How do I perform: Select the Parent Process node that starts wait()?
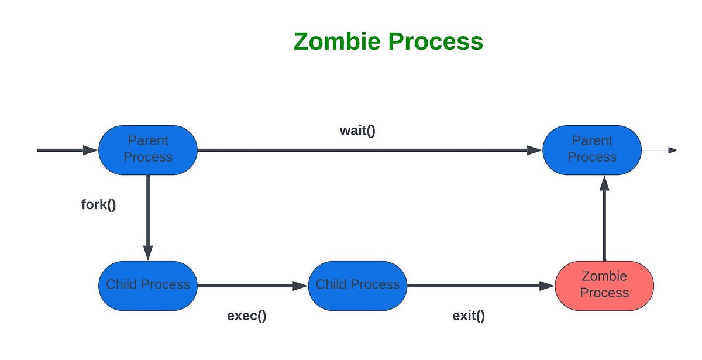pyautogui.click(x=148, y=149)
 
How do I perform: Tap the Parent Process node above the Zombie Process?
pyautogui.click(x=592, y=149)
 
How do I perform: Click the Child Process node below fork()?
pyautogui.click(x=148, y=285)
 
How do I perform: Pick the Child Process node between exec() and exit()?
pyautogui.click(x=357, y=285)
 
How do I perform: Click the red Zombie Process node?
pyautogui.click(x=604, y=285)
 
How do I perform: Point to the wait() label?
pyautogui.click(x=357, y=130)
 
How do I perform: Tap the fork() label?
pyautogui.click(x=98, y=205)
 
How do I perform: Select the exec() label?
pyautogui.click(x=246, y=316)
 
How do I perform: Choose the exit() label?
pyautogui.click(x=469, y=316)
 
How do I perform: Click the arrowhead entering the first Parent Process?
pyautogui.click(x=90, y=150)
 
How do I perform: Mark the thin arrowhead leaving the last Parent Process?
pyautogui.click(x=673, y=150)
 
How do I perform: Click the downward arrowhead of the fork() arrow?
pyautogui.click(x=148, y=253)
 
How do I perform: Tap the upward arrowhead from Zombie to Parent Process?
pyautogui.click(x=604, y=183)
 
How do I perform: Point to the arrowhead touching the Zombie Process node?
pyautogui.click(x=547, y=286)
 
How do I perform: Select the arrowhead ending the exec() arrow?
pyautogui.click(x=301, y=286)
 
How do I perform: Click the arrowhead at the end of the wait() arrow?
pyautogui.click(x=535, y=150)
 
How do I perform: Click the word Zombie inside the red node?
pyautogui.click(x=604, y=276)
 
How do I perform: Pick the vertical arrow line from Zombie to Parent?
pyautogui.click(x=604, y=225)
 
